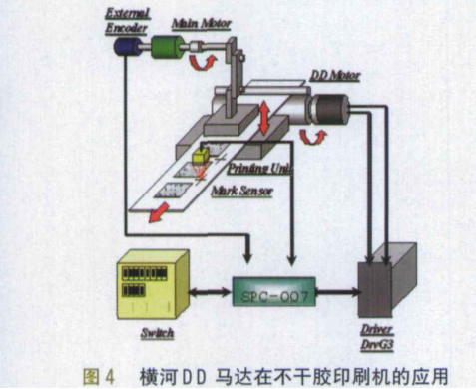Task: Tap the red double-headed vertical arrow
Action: coord(263,117)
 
